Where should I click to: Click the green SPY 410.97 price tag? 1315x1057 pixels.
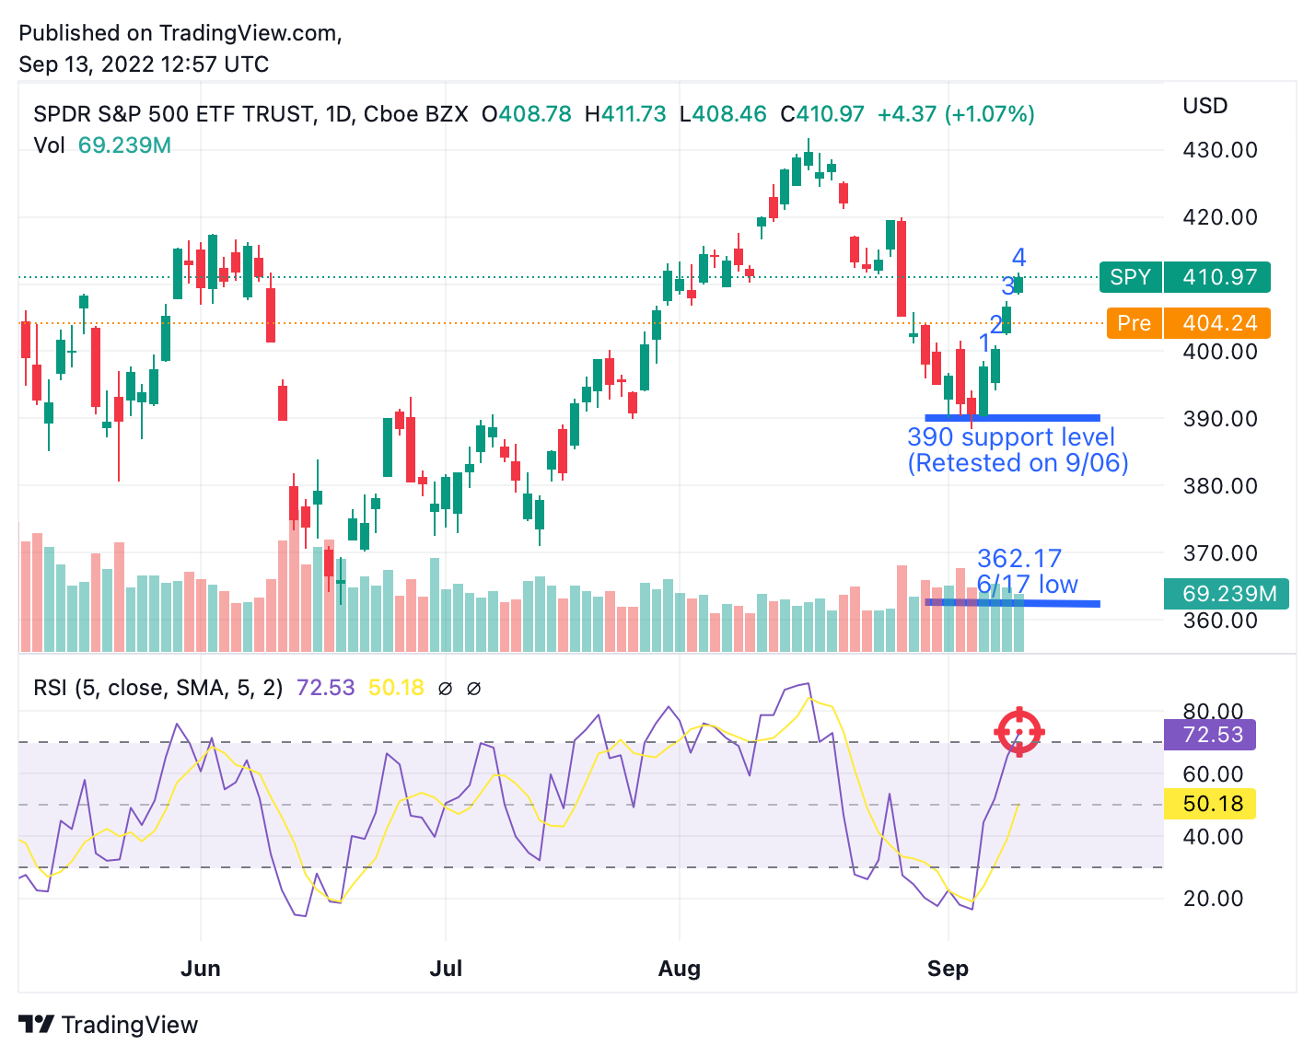(x=1184, y=277)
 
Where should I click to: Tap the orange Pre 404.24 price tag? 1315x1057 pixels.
(x=1188, y=322)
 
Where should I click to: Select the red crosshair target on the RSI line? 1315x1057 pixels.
(x=1018, y=731)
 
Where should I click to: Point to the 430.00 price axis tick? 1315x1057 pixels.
(x=1219, y=150)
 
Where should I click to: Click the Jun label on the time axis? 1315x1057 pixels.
(x=201, y=968)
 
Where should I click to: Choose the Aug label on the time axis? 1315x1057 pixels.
(x=679, y=969)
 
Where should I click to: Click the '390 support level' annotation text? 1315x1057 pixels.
(x=1011, y=436)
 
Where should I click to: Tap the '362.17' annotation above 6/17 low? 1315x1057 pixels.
(x=1018, y=558)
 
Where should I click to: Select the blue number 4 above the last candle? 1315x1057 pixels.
(x=1018, y=257)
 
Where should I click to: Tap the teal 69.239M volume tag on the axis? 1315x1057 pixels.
(x=1226, y=593)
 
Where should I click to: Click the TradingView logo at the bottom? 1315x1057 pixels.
(x=108, y=1025)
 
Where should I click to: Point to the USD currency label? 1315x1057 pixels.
(x=1205, y=106)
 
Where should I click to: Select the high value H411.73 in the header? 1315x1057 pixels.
(x=624, y=113)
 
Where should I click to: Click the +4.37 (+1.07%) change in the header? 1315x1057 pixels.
(x=956, y=113)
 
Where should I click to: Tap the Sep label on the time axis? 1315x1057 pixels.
(x=948, y=969)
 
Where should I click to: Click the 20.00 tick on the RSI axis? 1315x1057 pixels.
(x=1213, y=898)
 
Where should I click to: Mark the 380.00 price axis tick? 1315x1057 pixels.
(x=1219, y=486)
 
